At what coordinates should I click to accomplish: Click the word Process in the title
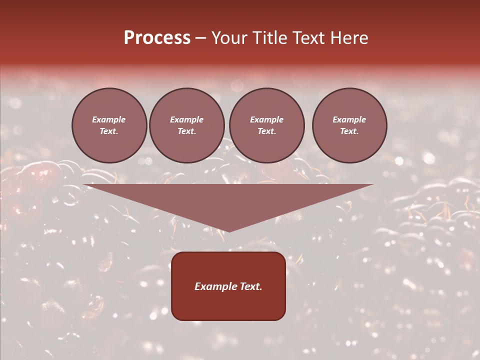tap(157, 38)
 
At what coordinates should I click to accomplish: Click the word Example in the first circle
tap(109, 119)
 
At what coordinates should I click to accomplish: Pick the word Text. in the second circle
tap(187, 131)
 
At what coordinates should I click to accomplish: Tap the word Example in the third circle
tap(266, 119)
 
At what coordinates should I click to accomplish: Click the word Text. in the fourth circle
tap(349, 131)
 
